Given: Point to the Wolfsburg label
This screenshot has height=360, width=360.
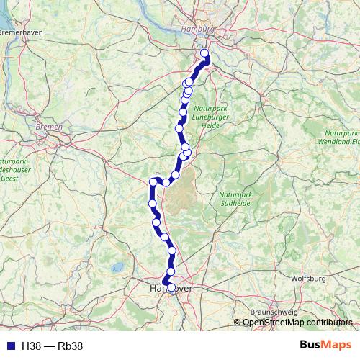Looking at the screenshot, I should pyautogui.click(x=308, y=278).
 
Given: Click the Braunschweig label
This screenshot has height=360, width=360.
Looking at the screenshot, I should pyautogui.click(x=270, y=312).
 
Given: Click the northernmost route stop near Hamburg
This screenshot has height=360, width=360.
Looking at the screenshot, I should pyautogui.click(x=204, y=53).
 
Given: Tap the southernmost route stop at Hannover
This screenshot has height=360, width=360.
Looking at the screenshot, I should pyautogui.click(x=165, y=282).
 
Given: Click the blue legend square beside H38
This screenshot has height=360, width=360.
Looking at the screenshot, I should pyautogui.click(x=9, y=346).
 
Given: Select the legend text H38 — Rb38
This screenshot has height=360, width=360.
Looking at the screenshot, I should pyautogui.click(x=53, y=346).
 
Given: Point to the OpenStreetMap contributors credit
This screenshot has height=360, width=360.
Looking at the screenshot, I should pyautogui.click(x=297, y=323).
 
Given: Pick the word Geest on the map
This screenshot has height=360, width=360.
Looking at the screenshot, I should pyautogui.click(x=9, y=177).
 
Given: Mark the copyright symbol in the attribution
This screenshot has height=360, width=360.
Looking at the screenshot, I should pyautogui.click(x=238, y=323).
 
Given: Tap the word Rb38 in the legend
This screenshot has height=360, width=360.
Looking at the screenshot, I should pyautogui.click(x=71, y=346).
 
